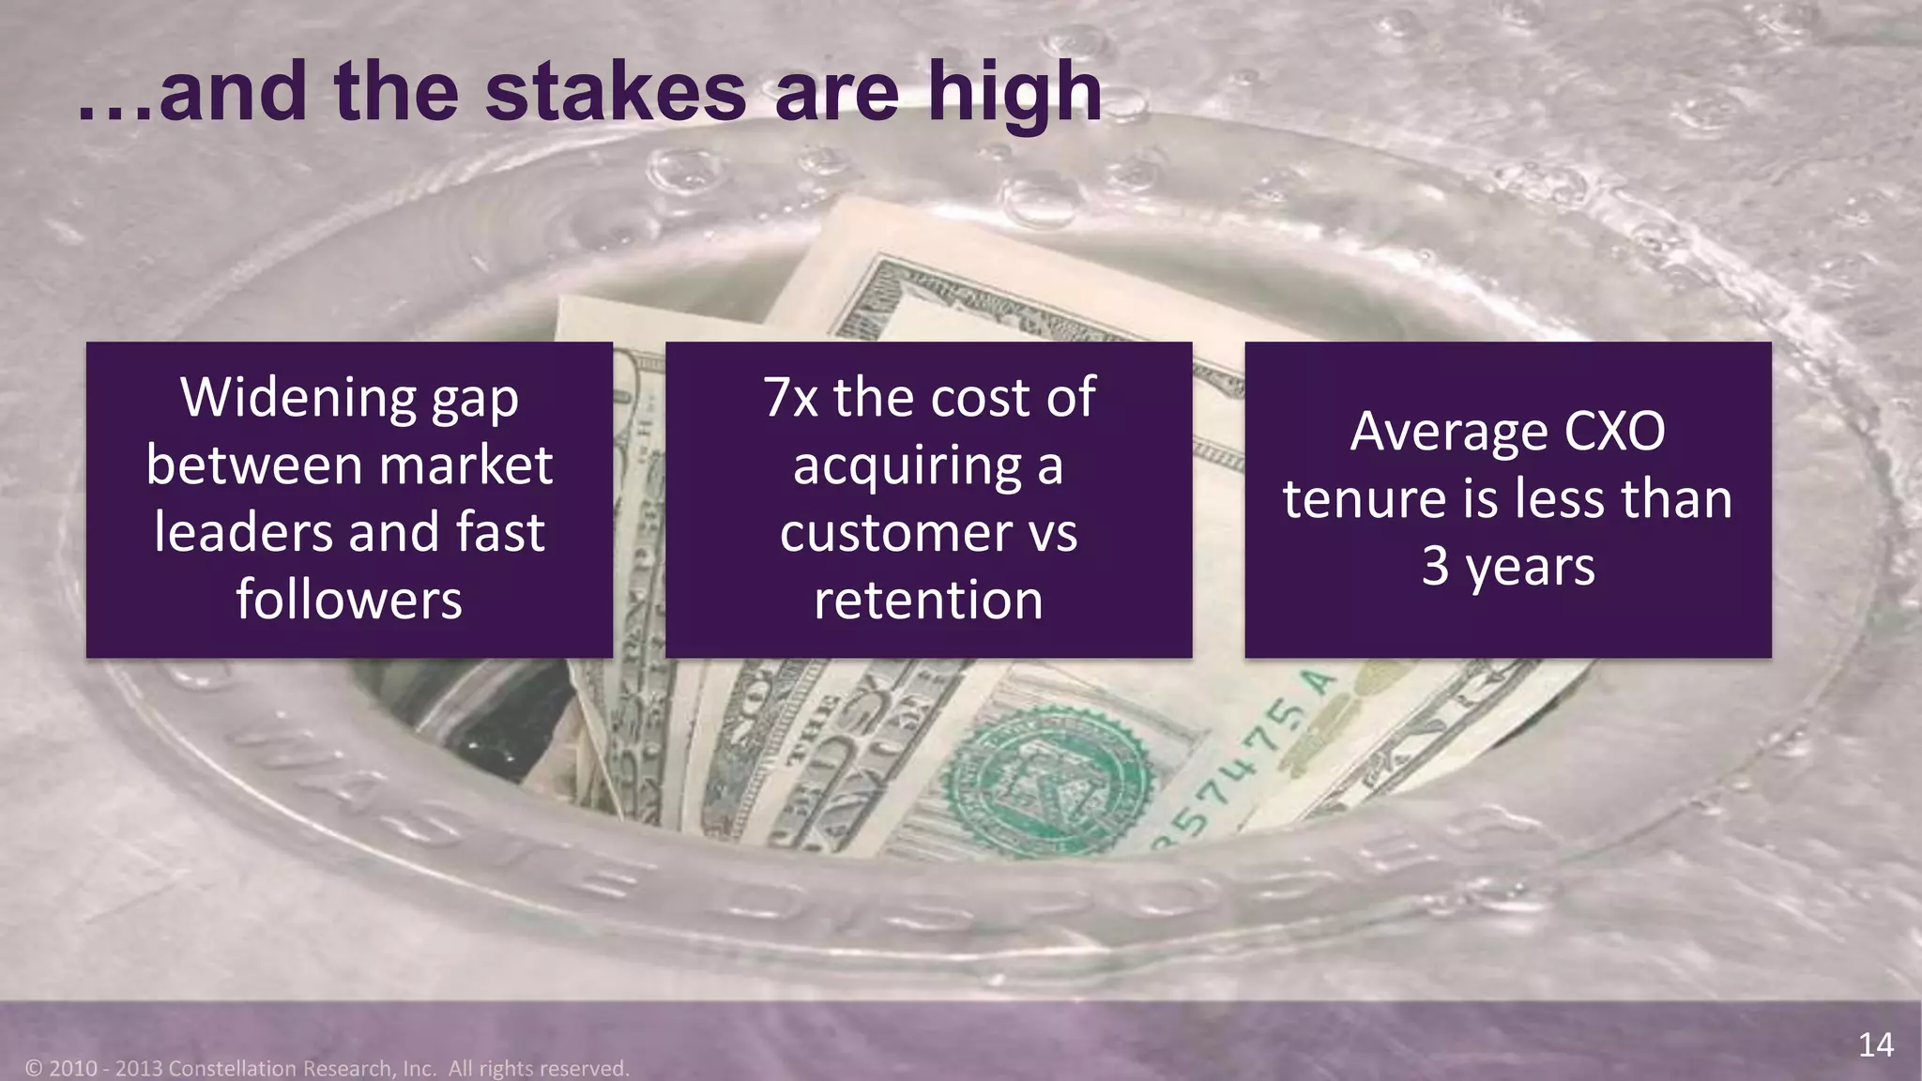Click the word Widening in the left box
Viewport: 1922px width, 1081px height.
[x=297, y=398]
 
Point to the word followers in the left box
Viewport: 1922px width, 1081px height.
[x=349, y=601]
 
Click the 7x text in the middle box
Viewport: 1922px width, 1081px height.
[x=790, y=398]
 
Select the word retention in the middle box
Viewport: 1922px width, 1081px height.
[x=928, y=601]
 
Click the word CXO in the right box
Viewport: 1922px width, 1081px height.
[x=1614, y=432]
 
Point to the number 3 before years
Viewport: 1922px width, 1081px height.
[x=1435, y=567]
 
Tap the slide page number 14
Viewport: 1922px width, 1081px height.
[x=1875, y=1044]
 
